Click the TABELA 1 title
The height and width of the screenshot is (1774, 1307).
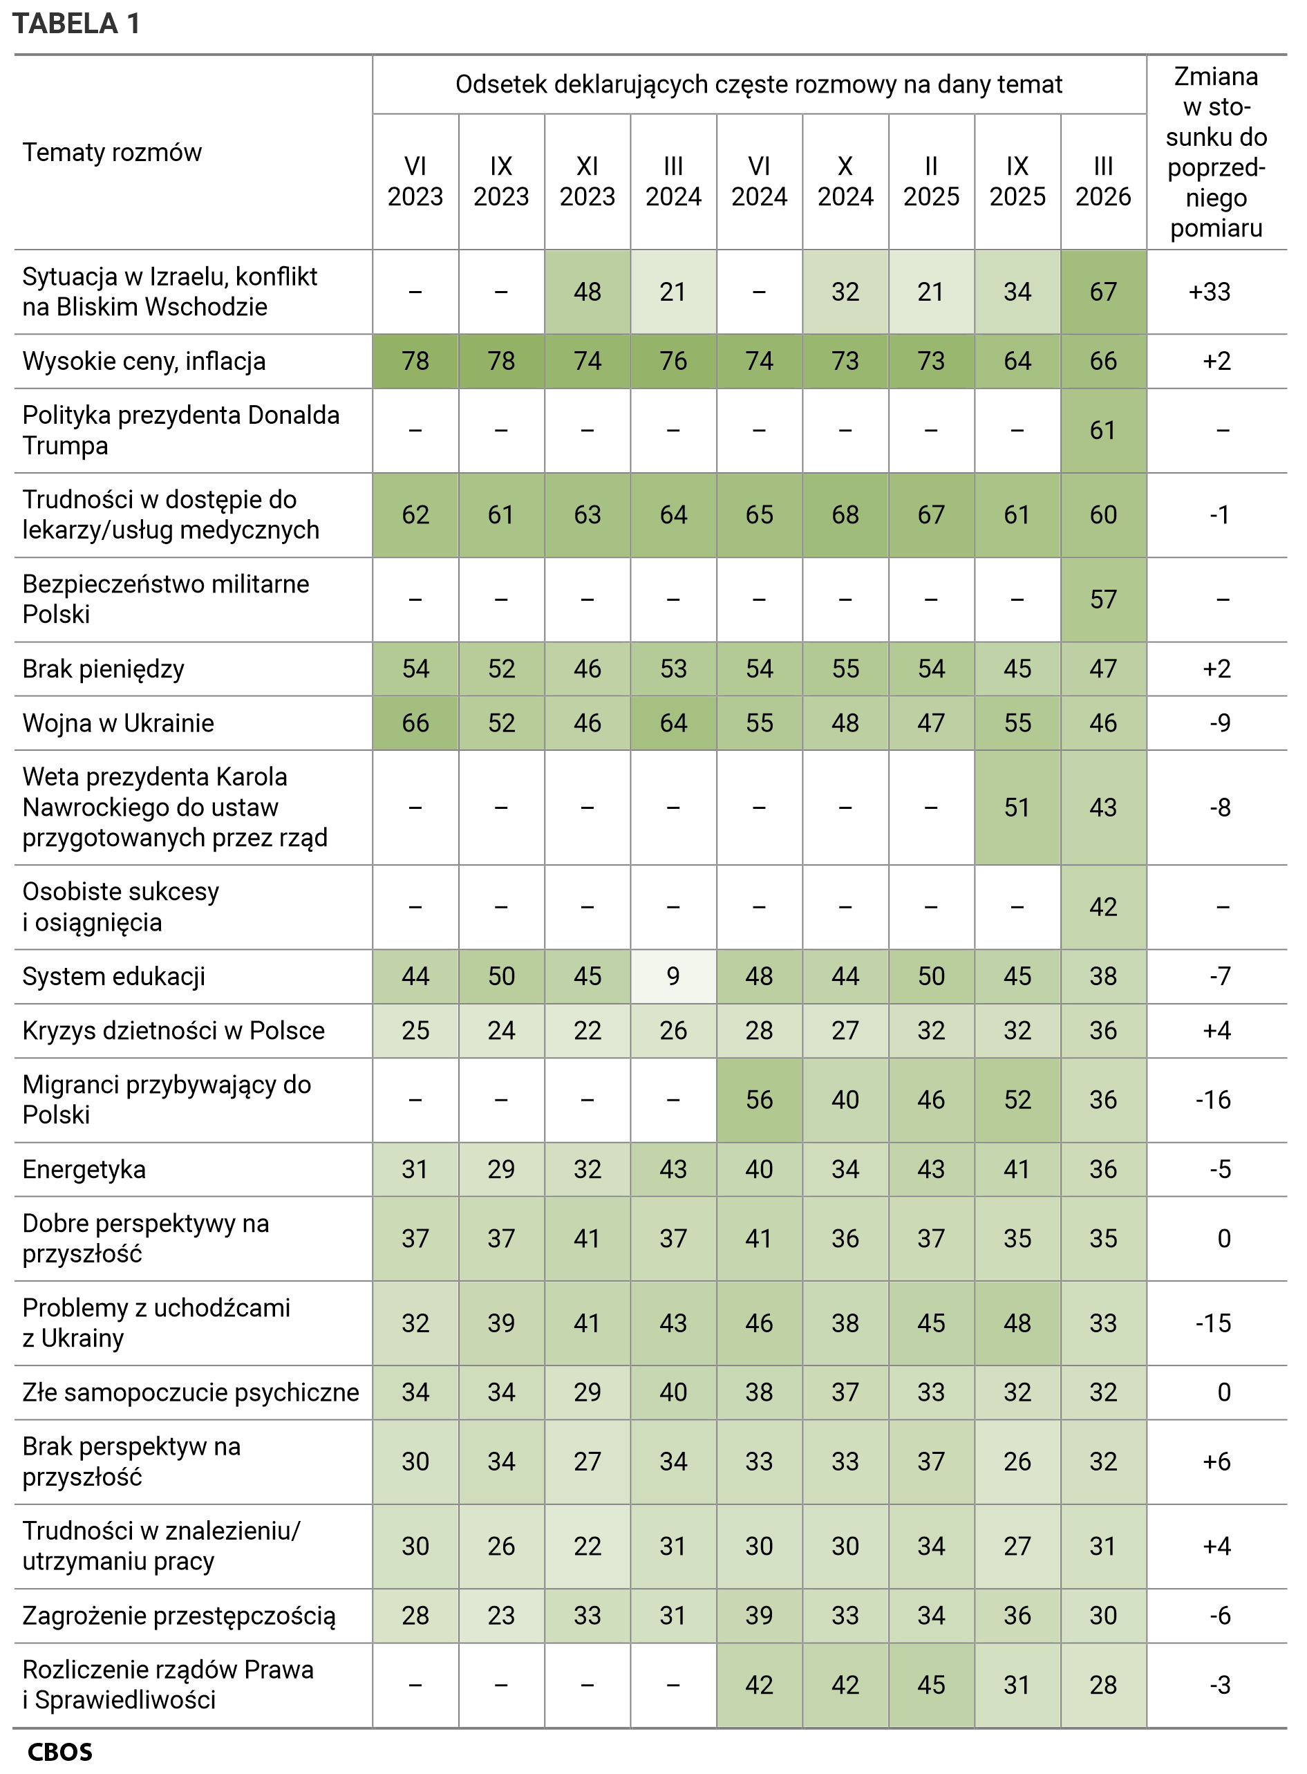[x=77, y=24]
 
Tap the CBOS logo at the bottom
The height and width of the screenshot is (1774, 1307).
[x=60, y=1752]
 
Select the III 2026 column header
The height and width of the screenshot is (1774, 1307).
[x=1103, y=181]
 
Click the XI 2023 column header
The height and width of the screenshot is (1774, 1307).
[x=587, y=181]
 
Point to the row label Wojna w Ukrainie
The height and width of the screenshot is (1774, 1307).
[x=118, y=723]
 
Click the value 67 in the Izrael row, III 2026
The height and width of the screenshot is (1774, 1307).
[x=1103, y=292]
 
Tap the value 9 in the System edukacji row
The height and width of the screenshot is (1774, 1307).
[x=673, y=976]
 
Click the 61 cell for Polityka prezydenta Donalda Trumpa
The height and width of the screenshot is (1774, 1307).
[x=1103, y=431]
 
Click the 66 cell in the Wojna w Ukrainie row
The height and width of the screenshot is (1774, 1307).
[x=415, y=723]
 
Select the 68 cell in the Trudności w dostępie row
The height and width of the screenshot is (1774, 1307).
[x=845, y=515]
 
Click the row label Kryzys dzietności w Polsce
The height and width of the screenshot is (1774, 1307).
[x=173, y=1031]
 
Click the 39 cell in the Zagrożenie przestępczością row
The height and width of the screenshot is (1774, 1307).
[x=759, y=1616]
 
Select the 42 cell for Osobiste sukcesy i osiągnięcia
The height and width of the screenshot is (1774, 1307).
[x=1103, y=907]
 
